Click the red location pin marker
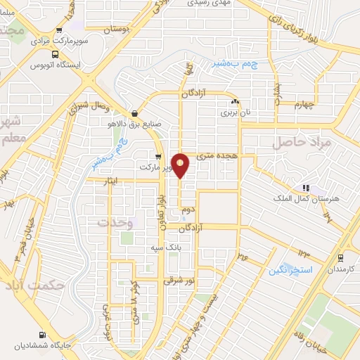point(181,165)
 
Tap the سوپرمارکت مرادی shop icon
point(58,30)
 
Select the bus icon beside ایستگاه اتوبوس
point(56,54)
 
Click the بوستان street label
point(117,30)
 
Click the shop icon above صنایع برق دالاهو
point(134,113)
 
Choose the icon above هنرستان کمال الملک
point(305,188)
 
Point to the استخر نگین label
point(288,269)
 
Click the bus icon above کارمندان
point(340,258)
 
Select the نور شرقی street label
point(178,280)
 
